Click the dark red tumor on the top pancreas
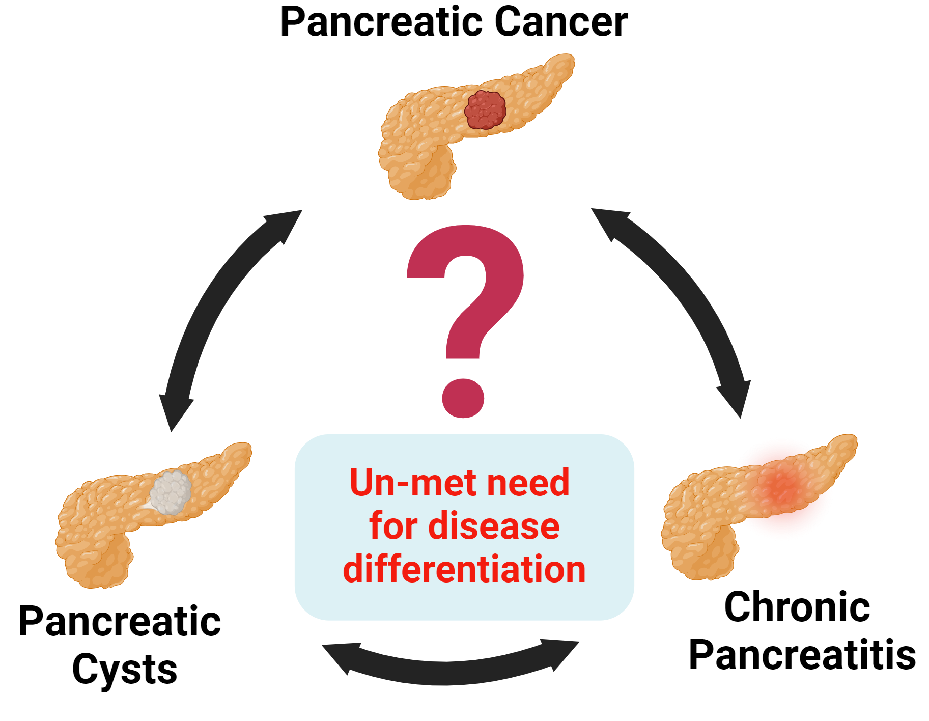(x=485, y=109)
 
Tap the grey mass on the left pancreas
(x=171, y=492)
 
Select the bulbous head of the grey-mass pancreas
(x=94, y=560)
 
